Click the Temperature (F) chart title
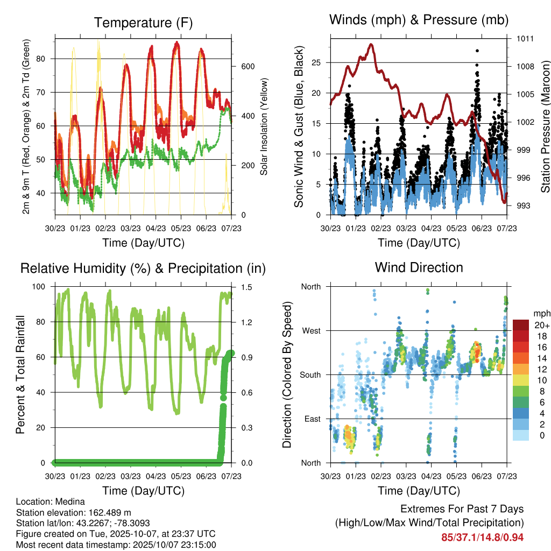tap(143, 23)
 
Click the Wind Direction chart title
tap(419, 267)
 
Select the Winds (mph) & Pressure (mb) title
tap(419, 20)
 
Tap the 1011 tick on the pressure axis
tap(526, 39)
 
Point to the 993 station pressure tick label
tap(524, 206)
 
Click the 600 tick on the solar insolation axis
tap(247, 67)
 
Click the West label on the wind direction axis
tap(310, 330)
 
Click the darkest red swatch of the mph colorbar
tap(520, 326)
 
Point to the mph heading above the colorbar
tap(540, 313)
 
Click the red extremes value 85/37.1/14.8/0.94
tap(482, 537)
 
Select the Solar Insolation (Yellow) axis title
tap(264, 127)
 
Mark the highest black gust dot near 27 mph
tap(477, 51)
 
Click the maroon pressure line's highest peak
tap(371, 45)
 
